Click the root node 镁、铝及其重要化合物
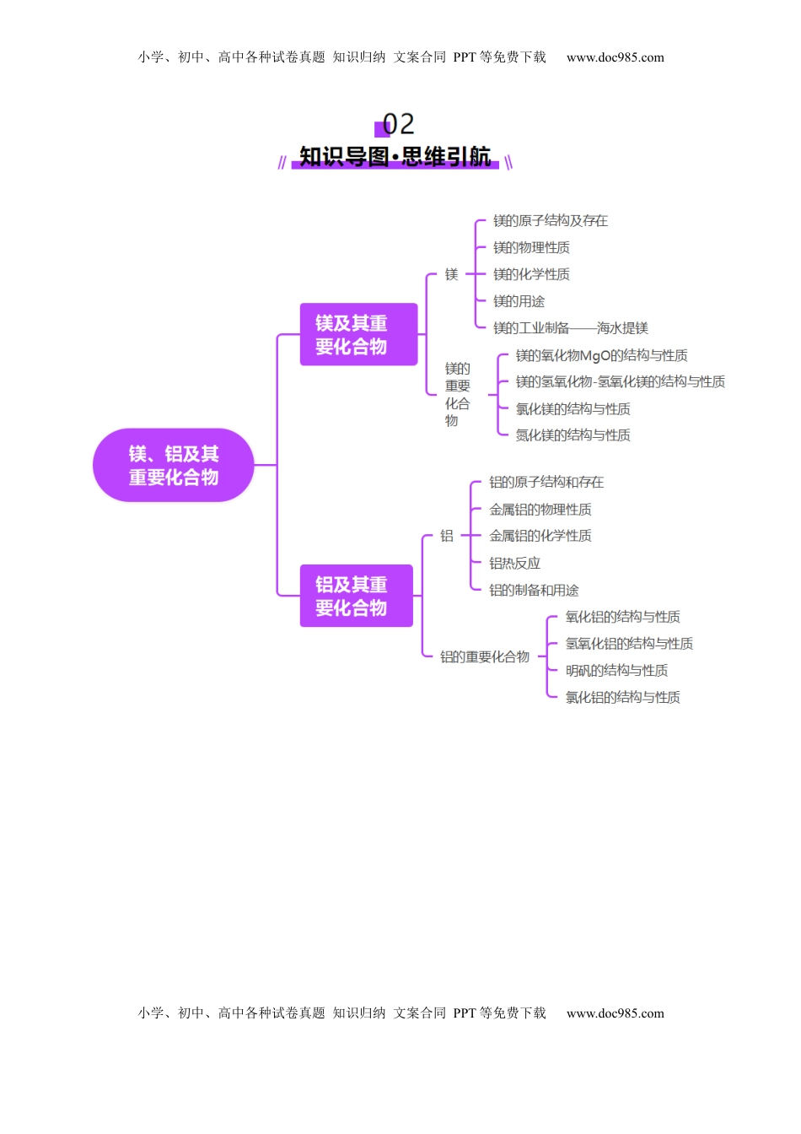click(x=173, y=465)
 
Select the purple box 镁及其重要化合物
click(x=358, y=334)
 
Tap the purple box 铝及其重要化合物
click(x=356, y=596)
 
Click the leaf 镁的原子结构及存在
click(x=550, y=221)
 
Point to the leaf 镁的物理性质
click(x=531, y=248)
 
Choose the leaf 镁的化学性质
click(x=531, y=275)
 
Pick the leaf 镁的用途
click(x=519, y=302)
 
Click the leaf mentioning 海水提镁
click(x=570, y=328)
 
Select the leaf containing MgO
click(x=601, y=356)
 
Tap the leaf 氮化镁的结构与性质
click(x=573, y=435)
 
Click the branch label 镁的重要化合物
click(x=457, y=394)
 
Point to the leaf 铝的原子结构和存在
click(x=546, y=483)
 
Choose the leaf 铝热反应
click(x=514, y=564)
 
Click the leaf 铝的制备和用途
click(x=534, y=591)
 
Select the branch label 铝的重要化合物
click(x=485, y=656)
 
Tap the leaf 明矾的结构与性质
click(x=616, y=671)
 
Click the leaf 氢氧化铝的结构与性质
click(x=629, y=644)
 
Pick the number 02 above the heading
click(x=398, y=125)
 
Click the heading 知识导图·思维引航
click(x=395, y=158)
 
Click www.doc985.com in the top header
click(x=615, y=57)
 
